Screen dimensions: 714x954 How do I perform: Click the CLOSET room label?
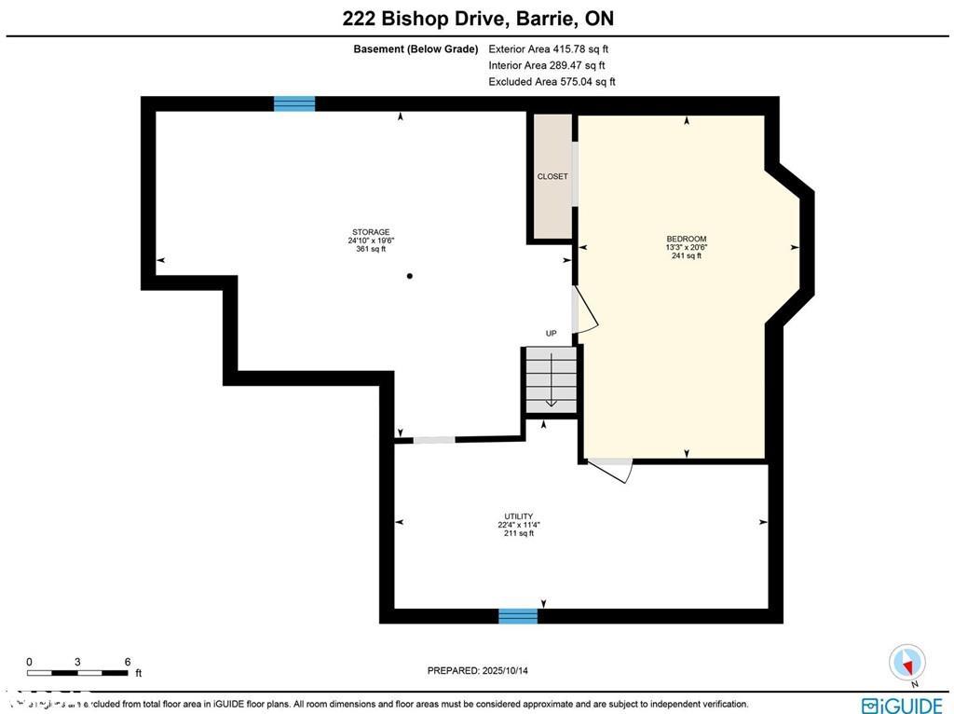pyautogui.click(x=552, y=176)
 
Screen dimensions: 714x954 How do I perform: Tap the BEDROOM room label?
pyautogui.click(x=686, y=239)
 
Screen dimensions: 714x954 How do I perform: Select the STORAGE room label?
pyautogui.click(x=370, y=232)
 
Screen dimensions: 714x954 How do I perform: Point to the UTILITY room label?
pyautogui.click(x=519, y=516)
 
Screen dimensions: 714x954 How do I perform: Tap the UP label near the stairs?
pyautogui.click(x=552, y=334)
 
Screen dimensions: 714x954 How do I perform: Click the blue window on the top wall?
pyautogui.click(x=294, y=103)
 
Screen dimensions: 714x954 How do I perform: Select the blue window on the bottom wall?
pyautogui.click(x=518, y=615)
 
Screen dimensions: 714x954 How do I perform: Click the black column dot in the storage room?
pyautogui.click(x=409, y=276)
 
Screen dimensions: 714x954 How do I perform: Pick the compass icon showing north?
pyautogui.click(x=906, y=663)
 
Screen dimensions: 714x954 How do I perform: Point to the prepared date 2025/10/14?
pyautogui.click(x=483, y=670)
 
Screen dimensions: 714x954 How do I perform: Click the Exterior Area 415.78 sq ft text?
pyautogui.click(x=548, y=48)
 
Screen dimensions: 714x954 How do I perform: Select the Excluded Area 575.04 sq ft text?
pyautogui.click(x=552, y=82)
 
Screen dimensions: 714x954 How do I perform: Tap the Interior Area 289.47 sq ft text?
pyautogui.click(x=547, y=65)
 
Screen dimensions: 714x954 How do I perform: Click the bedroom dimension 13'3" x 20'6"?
pyautogui.click(x=686, y=247)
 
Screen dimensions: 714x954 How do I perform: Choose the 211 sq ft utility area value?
pyautogui.click(x=519, y=533)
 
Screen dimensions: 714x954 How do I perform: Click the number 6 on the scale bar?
pyautogui.click(x=127, y=662)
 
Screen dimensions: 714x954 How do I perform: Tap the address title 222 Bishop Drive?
pyautogui.click(x=411, y=19)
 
